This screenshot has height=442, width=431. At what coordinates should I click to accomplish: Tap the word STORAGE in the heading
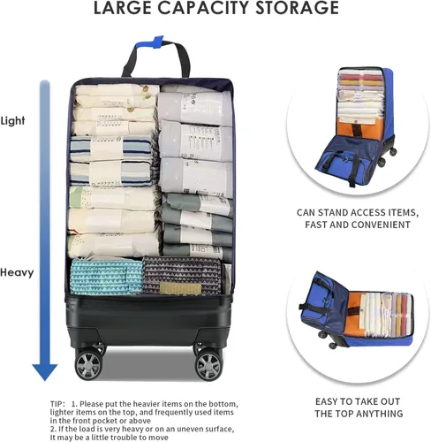(x=298, y=8)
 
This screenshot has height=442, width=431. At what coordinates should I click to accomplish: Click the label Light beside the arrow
(x=12, y=121)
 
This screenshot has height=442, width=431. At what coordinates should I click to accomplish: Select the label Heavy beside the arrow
(x=17, y=272)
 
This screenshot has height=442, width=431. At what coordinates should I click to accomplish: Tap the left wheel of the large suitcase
(x=88, y=364)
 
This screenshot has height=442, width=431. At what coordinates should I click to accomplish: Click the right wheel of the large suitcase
(x=208, y=365)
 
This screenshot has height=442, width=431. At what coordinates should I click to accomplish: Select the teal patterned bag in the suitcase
(x=107, y=277)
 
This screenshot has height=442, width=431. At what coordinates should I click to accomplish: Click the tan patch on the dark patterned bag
(x=180, y=288)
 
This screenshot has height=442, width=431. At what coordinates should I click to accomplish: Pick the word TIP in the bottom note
(x=57, y=404)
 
